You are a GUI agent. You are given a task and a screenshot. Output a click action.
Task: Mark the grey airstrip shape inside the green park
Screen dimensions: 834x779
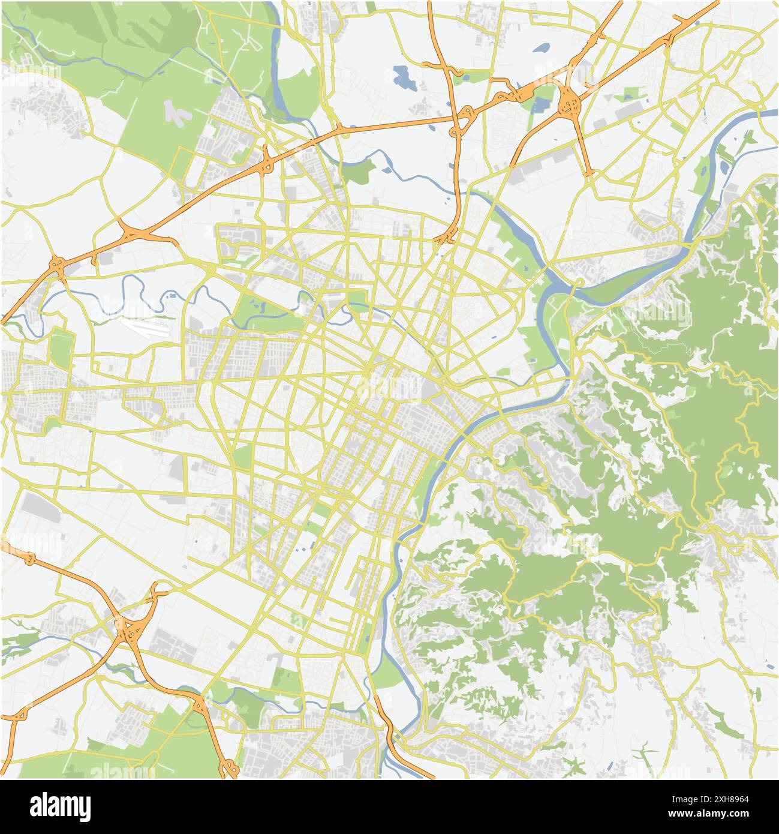[x=176, y=112]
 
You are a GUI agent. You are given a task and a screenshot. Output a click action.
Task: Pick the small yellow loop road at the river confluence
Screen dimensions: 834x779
[x=579, y=282]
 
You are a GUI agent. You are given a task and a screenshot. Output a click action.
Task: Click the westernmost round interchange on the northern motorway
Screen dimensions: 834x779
[x=58, y=264]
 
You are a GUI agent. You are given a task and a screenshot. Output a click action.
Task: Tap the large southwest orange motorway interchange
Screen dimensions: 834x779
[x=129, y=630]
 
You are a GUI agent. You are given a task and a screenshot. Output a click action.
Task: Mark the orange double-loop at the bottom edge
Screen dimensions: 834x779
[x=228, y=766]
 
